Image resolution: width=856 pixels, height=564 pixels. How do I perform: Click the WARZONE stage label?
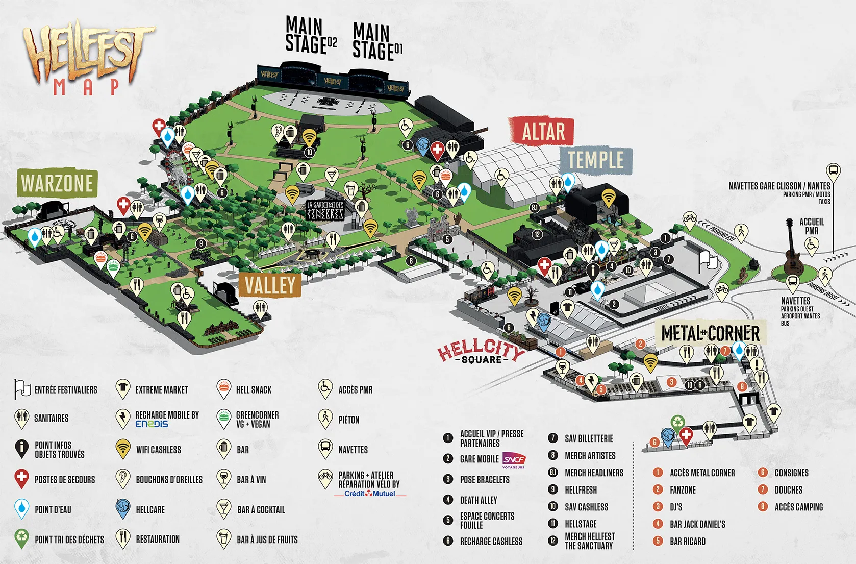pos(57,183)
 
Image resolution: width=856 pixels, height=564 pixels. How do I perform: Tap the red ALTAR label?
pos(543,132)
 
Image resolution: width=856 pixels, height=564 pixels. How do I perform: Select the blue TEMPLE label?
pos(596,160)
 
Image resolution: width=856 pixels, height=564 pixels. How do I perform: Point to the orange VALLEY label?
pos(270,285)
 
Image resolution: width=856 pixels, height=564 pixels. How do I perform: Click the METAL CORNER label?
pos(710,333)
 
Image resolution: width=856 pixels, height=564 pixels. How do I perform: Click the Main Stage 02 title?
pos(310,36)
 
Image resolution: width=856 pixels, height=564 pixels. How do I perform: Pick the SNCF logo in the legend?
pos(514,459)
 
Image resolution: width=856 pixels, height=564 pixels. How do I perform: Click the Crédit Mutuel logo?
pos(369,494)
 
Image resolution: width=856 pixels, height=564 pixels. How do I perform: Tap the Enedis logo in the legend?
pos(152,424)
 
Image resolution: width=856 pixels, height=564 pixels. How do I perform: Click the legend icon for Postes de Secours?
pos(21,479)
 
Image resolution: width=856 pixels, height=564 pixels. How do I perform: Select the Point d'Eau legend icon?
pos(21,508)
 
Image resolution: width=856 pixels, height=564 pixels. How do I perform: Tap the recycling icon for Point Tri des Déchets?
pos(21,538)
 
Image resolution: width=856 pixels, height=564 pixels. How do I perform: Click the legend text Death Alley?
pos(478,500)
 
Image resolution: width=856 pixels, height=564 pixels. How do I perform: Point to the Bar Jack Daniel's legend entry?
pos(697,524)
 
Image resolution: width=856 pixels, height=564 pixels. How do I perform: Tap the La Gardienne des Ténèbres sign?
pos(325,210)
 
